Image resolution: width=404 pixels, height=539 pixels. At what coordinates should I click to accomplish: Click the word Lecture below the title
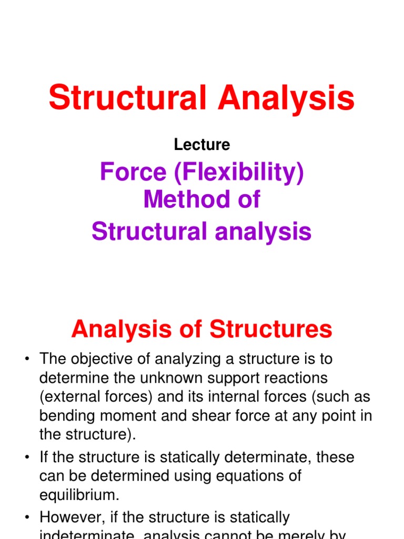(202, 145)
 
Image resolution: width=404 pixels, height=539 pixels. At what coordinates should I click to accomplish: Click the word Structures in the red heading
(271, 330)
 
